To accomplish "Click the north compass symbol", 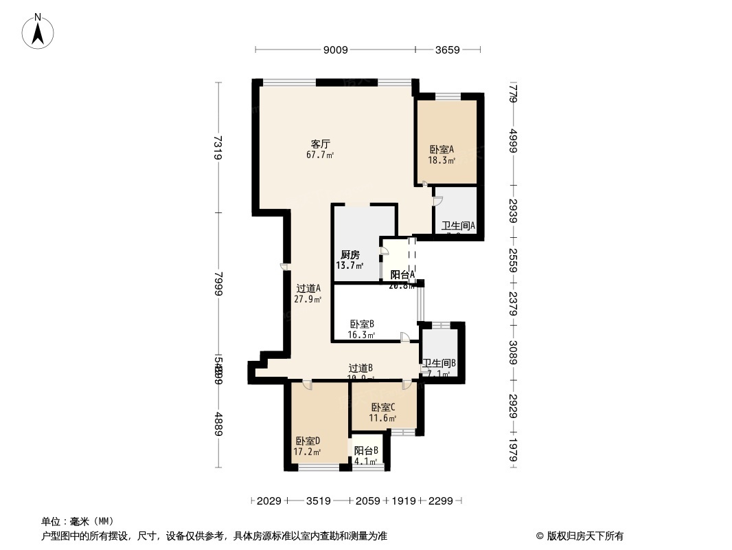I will (x=39, y=31).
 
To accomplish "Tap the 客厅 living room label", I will (x=321, y=144).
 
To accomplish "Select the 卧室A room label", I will (x=442, y=149).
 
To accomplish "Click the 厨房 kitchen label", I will (x=350, y=255).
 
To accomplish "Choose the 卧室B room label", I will (x=362, y=324).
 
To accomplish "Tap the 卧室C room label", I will (x=383, y=407).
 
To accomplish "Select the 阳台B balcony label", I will (x=366, y=451).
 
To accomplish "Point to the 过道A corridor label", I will (x=308, y=289).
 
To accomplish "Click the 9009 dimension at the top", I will (x=336, y=49).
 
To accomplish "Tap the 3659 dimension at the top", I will (x=447, y=49).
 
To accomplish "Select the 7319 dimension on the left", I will (x=218, y=147).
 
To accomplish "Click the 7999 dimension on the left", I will (x=218, y=283).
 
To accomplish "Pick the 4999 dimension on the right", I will (x=513, y=143).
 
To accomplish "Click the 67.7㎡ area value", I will (x=321, y=155).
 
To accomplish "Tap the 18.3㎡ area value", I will (x=442, y=160).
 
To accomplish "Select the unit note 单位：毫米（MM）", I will (x=78, y=521).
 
